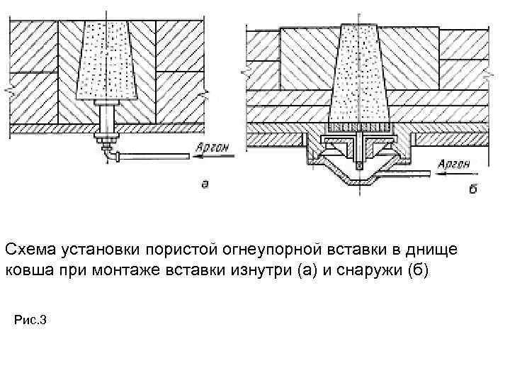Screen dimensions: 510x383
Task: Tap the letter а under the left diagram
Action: click(x=205, y=184)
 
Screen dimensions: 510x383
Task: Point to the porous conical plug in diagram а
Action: click(x=107, y=60)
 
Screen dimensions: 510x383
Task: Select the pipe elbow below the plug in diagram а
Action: click(x=107, y=152)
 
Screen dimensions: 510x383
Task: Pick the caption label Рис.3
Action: click(x=30, y=321)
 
